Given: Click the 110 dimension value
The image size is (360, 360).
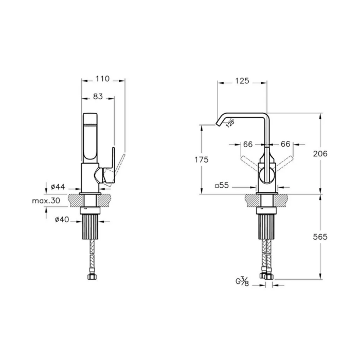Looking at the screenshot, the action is (x=102, y=79).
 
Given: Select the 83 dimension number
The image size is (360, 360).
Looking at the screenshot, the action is (x=98, y=97).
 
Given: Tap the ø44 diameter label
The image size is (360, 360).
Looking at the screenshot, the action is (x=58, y=187).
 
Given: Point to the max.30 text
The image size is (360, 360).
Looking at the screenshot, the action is (x=46, y=201).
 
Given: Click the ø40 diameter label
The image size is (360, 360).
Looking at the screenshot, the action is (x=62, y=220).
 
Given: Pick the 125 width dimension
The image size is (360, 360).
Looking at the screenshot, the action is (x=242, y=81).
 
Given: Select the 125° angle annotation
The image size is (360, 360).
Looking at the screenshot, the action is (x=230, y=123).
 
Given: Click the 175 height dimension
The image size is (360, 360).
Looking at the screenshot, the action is (x=202, y=159).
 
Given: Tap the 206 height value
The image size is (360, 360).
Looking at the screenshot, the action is (x=320, y=154).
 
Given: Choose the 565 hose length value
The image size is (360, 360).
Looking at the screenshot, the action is (x=320, y=237).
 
